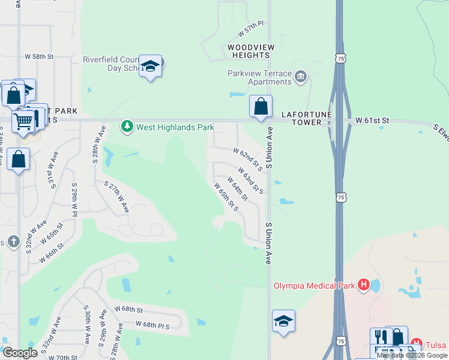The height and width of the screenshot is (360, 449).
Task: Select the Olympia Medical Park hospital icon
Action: pos(363,284)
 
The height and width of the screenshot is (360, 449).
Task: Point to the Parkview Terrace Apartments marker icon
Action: pos(301,76)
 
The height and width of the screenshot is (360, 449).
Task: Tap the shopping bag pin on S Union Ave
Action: pos(261,107)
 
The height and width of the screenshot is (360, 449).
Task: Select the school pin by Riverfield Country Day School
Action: pos(150,67)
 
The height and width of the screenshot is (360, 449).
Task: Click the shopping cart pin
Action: pos(23,122)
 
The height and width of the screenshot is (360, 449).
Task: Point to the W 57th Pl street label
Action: pos(251,27)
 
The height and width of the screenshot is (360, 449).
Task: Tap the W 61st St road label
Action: pos(372,121)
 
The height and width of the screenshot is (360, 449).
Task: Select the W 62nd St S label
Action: pos(248,158)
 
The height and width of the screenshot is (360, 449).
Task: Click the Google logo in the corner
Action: pos(20,353)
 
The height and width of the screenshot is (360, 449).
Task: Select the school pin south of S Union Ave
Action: pos(283,320)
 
